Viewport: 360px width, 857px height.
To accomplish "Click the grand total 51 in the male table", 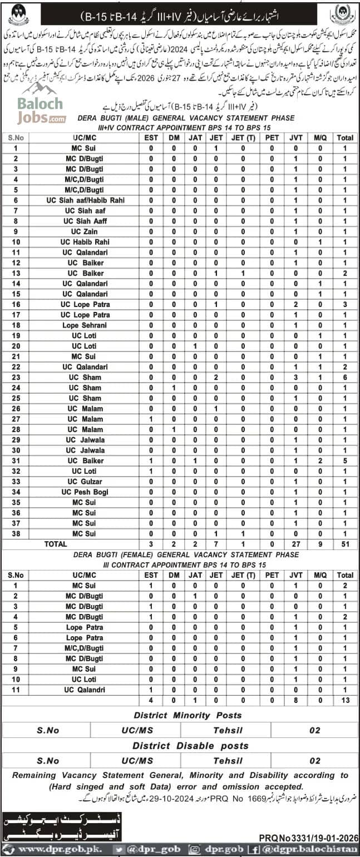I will click(345, 544).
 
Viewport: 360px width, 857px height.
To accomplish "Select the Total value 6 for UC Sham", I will click(345, 377).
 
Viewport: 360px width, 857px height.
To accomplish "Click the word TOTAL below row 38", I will click(56, 544).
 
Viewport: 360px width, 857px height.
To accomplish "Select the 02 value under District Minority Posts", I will click(314, 730).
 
